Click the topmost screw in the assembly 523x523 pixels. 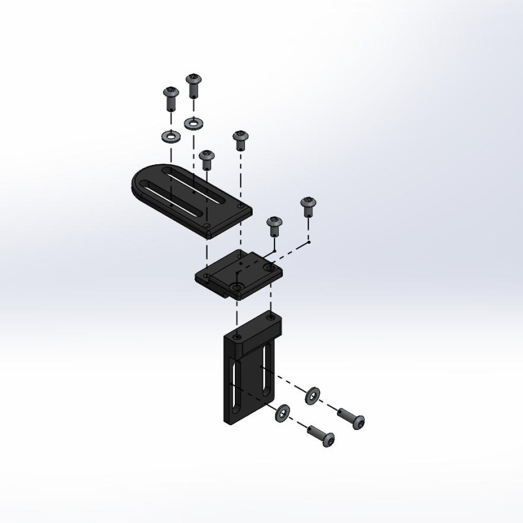pyautogui.click(x=192, y=84)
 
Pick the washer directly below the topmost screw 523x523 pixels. pyautogui.click(x=194, y=123)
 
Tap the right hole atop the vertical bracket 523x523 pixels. pyautogui.click(x=270, y=317)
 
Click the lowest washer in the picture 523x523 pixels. pyautogui.click(x=283, y=414)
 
